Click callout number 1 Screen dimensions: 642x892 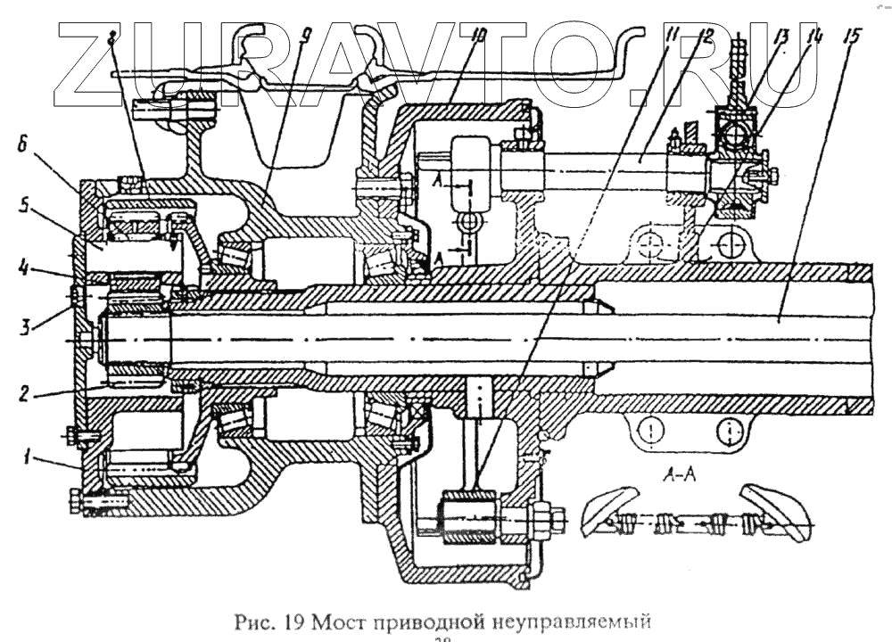tap(28, 457)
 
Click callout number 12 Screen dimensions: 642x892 tap(704, 37)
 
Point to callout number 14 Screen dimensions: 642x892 tap(814, 37)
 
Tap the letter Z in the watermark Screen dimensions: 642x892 tap(98, 58)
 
